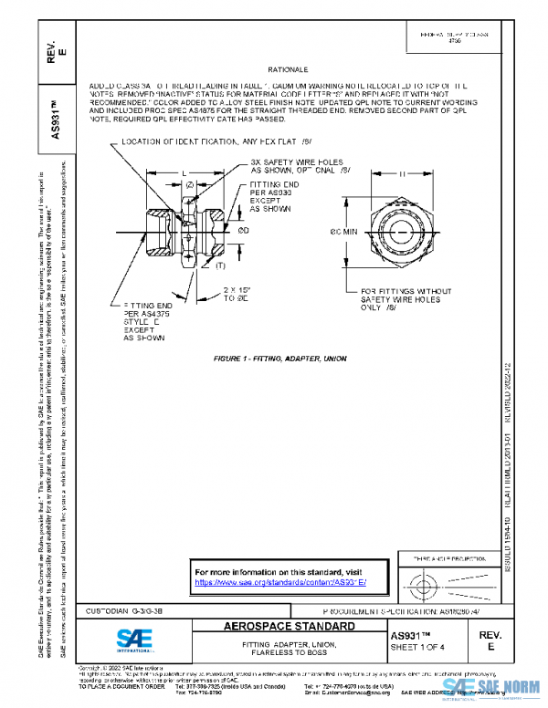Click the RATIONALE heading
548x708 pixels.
pyautogui.click(x=288, y=69)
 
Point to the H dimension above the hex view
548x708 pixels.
pyautogui.click(x=403, y=173)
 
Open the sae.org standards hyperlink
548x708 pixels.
pyautogui.click(x=280, y=581)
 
